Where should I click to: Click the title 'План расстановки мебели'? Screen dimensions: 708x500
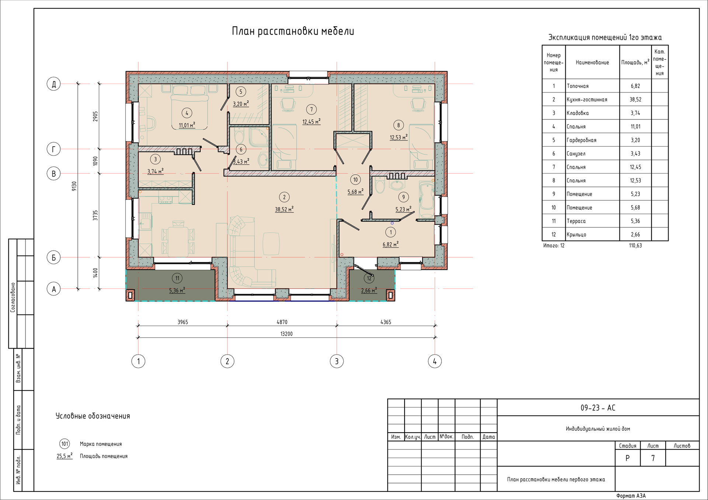click(293, 31)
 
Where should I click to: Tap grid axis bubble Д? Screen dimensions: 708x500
click(54, 84)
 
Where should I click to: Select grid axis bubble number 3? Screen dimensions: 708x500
click(337, 361)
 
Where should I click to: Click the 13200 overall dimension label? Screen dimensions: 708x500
click(287, 334)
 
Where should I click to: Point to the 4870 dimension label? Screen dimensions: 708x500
click(282, 322)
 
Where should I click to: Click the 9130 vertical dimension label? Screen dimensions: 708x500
click(74, 186)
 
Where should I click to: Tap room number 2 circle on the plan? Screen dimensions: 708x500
click(284, 197)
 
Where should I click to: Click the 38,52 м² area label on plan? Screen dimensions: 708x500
click(284, 209)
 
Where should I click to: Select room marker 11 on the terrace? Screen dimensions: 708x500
click(177, 278)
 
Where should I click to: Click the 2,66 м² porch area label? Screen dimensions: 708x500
click(369, 290)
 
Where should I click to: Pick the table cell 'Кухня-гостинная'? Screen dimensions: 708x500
click(587, 99)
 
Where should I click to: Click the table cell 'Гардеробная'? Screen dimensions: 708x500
click(582, 140)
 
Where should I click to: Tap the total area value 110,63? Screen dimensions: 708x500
click(635, 245)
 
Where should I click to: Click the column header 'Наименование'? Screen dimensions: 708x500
click(592, 63)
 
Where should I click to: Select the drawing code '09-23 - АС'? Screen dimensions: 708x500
click(598, 408)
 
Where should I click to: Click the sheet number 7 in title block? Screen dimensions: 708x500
click(653, 458)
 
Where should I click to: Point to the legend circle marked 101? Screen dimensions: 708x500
click(65, 444)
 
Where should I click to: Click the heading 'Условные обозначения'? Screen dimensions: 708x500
click(93, 416)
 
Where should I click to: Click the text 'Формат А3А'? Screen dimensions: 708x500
click(631, 496)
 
